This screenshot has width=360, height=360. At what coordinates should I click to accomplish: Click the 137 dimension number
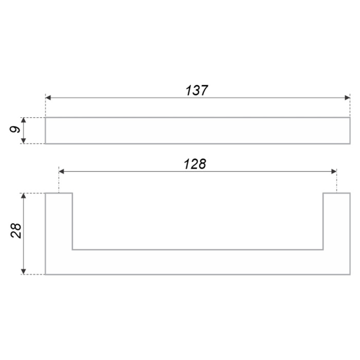pyautogui.click(x=196, y=90)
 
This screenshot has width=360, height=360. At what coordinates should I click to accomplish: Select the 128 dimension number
pyautogui.click(x=195, y=164)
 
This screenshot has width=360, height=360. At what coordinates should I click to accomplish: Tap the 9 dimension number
pyautogui.click(x=15, y=129)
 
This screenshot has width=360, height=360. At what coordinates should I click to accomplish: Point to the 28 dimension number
pyautogui.click(x=16, y=231)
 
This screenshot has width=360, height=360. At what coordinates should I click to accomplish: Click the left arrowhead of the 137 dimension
pyautogui.click(x=48, y=98)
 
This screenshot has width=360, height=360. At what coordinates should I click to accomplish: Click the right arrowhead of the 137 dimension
pyautogui.click(x=347, y=98)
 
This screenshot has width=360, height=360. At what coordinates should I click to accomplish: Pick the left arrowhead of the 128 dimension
pyautogui.click(x=61, y=171)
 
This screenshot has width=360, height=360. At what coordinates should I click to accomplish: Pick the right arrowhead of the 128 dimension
pyautogui.click(x=334, y=171)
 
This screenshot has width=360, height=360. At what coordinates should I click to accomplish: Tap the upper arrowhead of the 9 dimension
pyautogui.click(x=23, y=120)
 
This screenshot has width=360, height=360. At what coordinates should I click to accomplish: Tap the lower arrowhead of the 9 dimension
pyautogui.click(x=23, y=141)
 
